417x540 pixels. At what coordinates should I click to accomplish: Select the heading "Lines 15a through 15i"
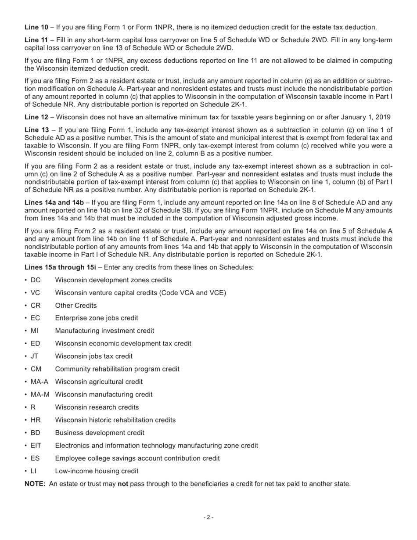[60, 267]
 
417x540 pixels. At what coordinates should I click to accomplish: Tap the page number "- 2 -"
[208, 517]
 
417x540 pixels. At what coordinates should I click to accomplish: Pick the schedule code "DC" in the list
[36, 280]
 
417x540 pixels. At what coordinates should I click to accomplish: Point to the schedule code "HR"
[36, 420]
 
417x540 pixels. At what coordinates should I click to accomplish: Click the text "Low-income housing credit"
[97, 471]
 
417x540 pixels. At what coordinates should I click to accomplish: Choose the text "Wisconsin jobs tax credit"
[93, 356]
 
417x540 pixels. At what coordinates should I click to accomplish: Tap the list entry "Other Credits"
[76, 306]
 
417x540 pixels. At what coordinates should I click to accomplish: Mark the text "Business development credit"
[100, 433]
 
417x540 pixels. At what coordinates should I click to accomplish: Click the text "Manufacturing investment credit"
[104, 331]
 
